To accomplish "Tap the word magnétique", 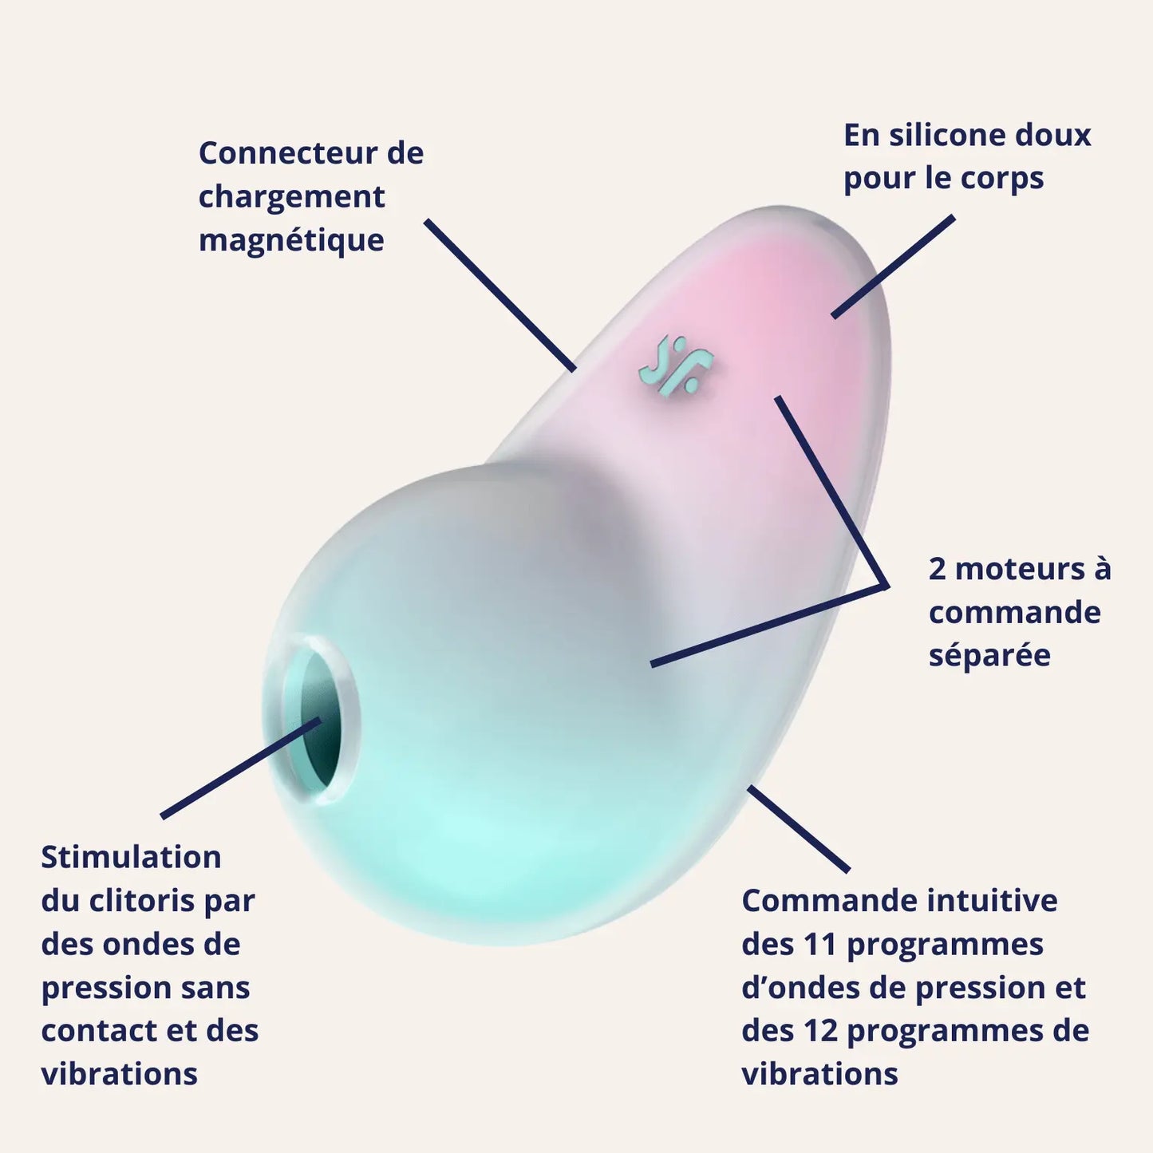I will click(x=291, y=240).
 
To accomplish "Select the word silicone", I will click(x=946, y=136).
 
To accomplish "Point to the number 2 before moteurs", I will click(x=938, y=570).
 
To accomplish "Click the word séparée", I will click(x=989, y=656).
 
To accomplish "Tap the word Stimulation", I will click(x=132, y=858).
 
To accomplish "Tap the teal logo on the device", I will click(x=675, y=366).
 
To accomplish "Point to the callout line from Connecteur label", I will click(x=500, y=295).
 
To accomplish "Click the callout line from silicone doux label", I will click(x=893, y=267).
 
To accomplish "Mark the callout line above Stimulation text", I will click(x=239, y=768).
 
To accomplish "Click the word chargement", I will click(x=291, y=197).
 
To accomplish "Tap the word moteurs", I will click(x=1020, y=570).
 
